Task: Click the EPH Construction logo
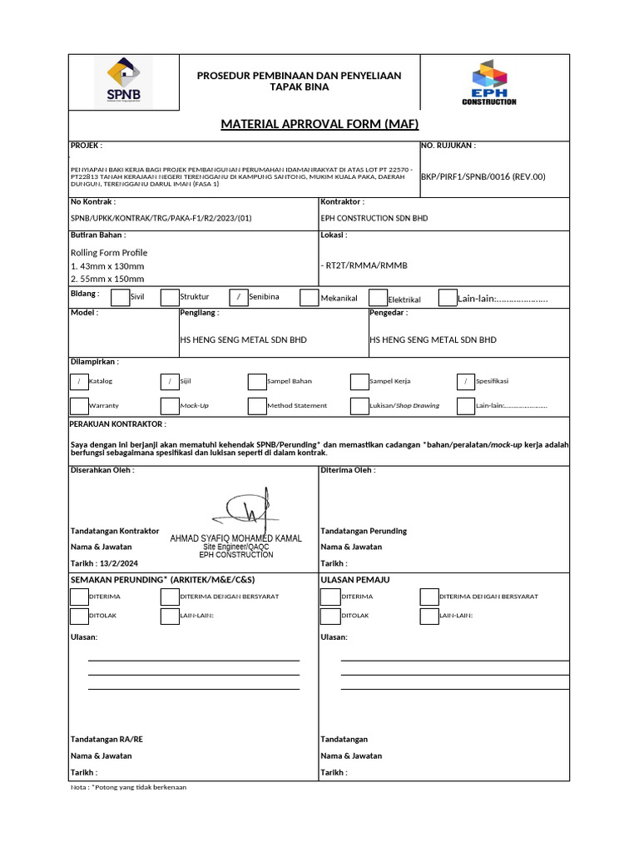(x=489, y=82)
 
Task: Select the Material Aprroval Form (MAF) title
(x=319, y=124)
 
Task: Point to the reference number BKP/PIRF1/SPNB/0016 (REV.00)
(x=483, y=176)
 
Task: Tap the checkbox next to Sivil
(x=120, y=297)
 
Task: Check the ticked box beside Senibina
(x=238, y=297)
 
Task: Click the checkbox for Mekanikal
(x=309, y=298)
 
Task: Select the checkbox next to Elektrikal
(x=377, y=299)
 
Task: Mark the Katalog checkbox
(x=79, y=381)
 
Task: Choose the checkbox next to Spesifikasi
(x=466, y=381)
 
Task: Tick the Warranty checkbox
(x=79, y=405)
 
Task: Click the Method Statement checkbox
(x=257, y=405)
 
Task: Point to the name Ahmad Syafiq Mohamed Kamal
(x=235, y=538)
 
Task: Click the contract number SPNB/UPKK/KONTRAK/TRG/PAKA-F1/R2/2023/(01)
(x=161, y=217)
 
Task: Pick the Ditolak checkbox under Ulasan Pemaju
(x=330, y=616)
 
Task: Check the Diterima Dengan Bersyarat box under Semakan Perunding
(x=169, y=597)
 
